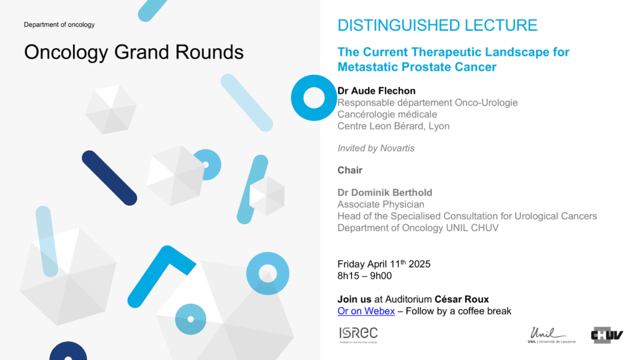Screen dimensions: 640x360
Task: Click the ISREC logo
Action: click(x=358, y=335)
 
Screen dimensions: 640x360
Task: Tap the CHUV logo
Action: click(x=607, y=335)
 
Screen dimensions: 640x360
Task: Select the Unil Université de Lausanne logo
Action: click(x=551, y=335)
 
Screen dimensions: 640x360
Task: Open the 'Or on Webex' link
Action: click(x=366, y=311)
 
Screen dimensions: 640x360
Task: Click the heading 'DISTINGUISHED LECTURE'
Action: click(x=437, y=25)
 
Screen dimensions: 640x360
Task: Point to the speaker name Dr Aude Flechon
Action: click(x=376, y=91)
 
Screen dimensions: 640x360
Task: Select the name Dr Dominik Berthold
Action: click(x=384, y=192)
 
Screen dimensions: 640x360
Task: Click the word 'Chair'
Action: click(x=350, y=170)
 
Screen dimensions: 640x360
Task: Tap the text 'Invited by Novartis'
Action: click(x=376, y=148)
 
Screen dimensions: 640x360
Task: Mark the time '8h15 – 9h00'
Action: click(x=364, y=276)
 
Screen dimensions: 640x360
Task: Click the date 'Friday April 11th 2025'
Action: click(x=384, y=264)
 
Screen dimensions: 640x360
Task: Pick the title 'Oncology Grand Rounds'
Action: click(x=134, y=52)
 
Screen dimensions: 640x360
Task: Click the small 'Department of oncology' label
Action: click(x=59, y=24)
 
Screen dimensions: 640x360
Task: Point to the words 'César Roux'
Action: click(x=462, y=299)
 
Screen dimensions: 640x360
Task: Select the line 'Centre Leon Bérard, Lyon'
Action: click(x=394, y=126)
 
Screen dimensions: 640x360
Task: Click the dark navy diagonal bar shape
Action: click(x=109, y=178)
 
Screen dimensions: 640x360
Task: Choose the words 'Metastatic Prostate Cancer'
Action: click(x=417, y=67)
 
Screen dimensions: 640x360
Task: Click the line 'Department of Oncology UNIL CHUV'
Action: click(x=418, y=227)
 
